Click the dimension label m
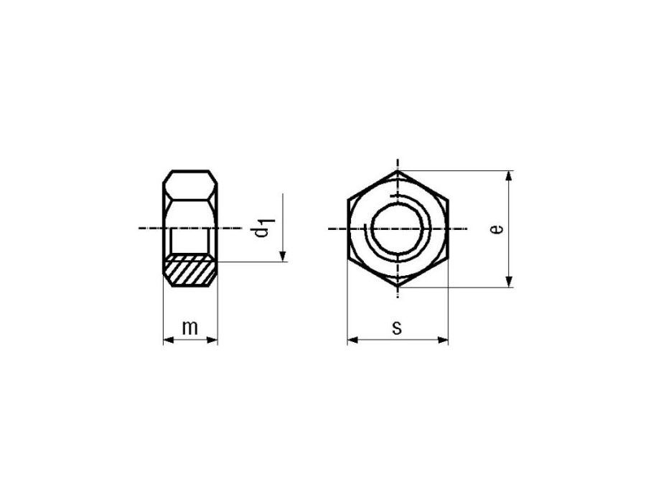coord(190,328)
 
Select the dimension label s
coord(397,328)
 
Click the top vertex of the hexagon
coord(398,170)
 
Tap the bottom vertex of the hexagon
coord(398,287)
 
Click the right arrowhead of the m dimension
coord(212,341)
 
